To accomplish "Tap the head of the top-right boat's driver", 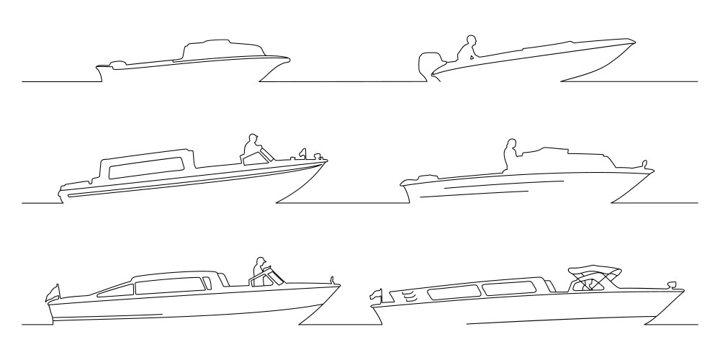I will (472, 40).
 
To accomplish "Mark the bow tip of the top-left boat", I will (288, 60).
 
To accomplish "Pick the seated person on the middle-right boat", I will (510, 155).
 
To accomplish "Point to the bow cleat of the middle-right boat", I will (645, 163).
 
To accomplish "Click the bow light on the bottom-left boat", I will (332, 278).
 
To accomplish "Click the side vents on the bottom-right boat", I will (408, 294).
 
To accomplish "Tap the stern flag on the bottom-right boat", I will (376, 294).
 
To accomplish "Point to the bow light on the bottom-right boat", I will (672, 283).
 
